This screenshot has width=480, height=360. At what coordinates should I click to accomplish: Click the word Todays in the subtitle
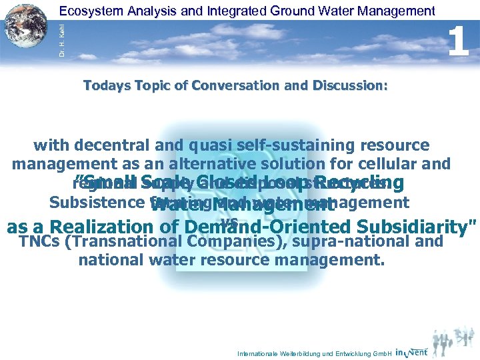[107, 86]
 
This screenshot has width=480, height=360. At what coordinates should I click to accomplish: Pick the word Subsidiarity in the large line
[404, 227]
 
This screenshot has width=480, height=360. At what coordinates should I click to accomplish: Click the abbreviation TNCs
[41, 241]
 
